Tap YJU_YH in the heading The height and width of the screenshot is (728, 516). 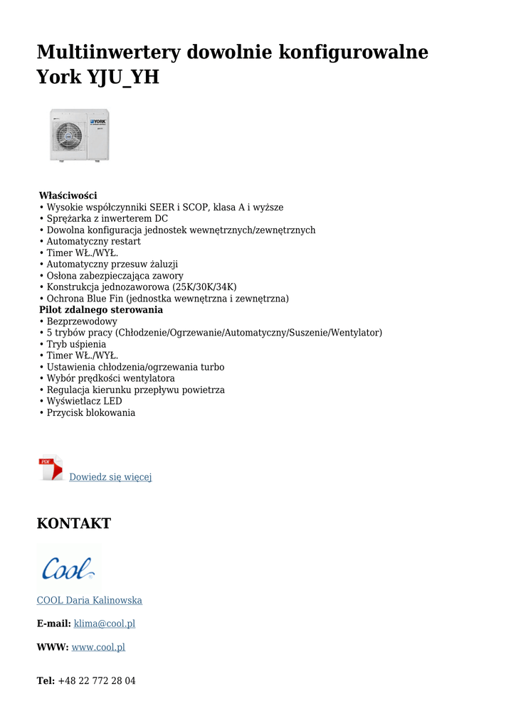(x=122, y=77)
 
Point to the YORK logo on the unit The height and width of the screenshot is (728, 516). (x=98, y=122)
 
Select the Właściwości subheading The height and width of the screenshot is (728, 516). (x=68, y=196)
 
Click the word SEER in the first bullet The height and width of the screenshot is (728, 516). (x=162, y=208)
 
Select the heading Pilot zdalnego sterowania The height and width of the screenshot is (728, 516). (x=100, y=310)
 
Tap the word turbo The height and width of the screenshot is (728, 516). (x=212, y=367)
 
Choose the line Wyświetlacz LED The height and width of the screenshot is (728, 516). (x=84, y=401)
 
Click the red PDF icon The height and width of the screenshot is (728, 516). (x=50, y=469)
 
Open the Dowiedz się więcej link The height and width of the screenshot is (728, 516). (x=110, y=477)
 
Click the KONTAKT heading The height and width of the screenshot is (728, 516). (x=74, y=524)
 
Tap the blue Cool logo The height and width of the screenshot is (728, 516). (x=68, y=568)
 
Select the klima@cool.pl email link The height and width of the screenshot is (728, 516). (x=105, y=623)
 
